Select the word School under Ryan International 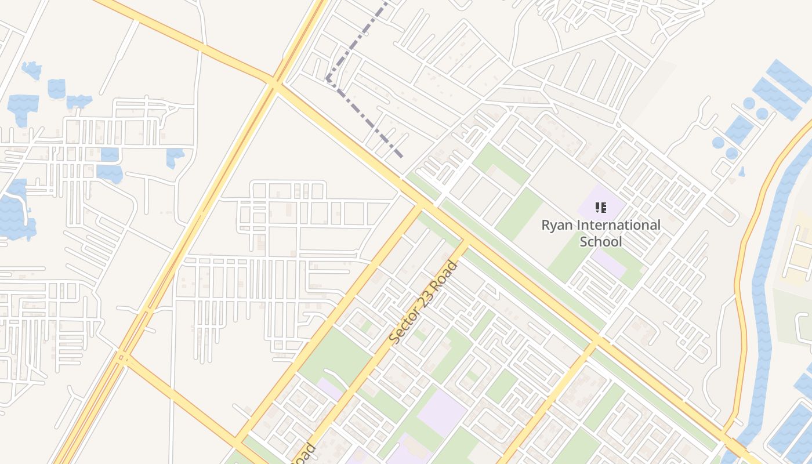601,241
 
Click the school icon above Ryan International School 601,207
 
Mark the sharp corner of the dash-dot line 328,79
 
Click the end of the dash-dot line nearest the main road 402,156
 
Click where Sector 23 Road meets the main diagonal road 465,240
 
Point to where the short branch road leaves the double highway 124,356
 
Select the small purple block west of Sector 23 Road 329,389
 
